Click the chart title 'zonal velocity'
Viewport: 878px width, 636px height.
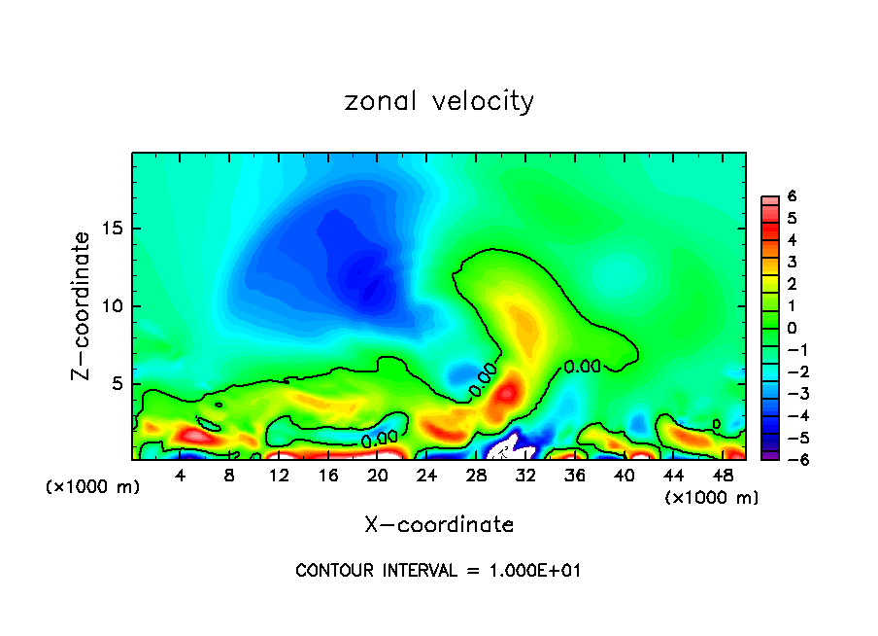click(439, 101)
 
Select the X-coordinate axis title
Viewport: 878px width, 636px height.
click(439, 524)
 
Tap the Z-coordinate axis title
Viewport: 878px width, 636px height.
click(84, 305)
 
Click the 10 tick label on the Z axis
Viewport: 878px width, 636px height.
click(114, 306)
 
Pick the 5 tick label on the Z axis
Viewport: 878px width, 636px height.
click(118, 384)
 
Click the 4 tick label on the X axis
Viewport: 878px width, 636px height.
click(181, 475)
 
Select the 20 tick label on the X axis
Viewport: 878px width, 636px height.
click(379, 475)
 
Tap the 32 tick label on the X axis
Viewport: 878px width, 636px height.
click(526, 475)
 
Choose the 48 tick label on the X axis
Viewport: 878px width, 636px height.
click(724, 475)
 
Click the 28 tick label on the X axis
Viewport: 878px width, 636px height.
click(477, 475)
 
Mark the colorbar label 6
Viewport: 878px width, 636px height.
click(792, 195)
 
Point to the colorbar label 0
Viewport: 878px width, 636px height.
click(792, 328)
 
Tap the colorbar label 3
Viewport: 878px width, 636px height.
click(792, 262)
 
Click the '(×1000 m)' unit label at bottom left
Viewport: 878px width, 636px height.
click(93, 487)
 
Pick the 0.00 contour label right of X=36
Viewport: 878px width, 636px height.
click(582, 367)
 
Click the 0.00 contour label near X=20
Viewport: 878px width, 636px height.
click(379, 440)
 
